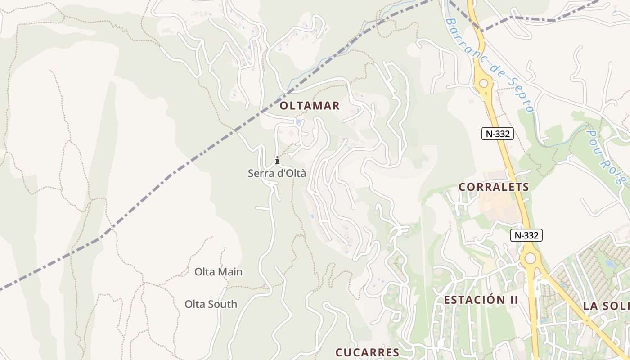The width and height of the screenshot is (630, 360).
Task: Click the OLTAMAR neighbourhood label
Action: tap(310, 106)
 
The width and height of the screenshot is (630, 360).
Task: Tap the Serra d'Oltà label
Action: tap(277, 173)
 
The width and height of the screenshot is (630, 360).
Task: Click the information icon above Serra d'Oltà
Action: tap(277, 160)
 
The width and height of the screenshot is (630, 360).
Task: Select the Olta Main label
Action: tap(218, 272)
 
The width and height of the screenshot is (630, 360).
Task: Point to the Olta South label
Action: tap(211, 304)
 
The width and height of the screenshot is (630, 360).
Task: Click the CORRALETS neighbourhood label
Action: tap(494, 187)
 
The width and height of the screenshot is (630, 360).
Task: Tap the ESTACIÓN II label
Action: tap(481, 300)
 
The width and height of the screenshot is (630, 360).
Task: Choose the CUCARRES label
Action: tap(367, 352)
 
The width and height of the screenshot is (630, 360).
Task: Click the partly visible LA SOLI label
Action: tap(606, 306)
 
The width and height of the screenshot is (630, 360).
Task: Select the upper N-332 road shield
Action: tap(498, 133)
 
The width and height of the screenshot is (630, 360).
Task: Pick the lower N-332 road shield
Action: tap(526, 235)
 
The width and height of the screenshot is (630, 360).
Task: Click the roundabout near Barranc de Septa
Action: tap(484, 83)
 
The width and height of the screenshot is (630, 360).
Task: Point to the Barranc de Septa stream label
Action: tap(489, 65)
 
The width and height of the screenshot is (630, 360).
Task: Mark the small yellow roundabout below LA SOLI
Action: tap(586, 320)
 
